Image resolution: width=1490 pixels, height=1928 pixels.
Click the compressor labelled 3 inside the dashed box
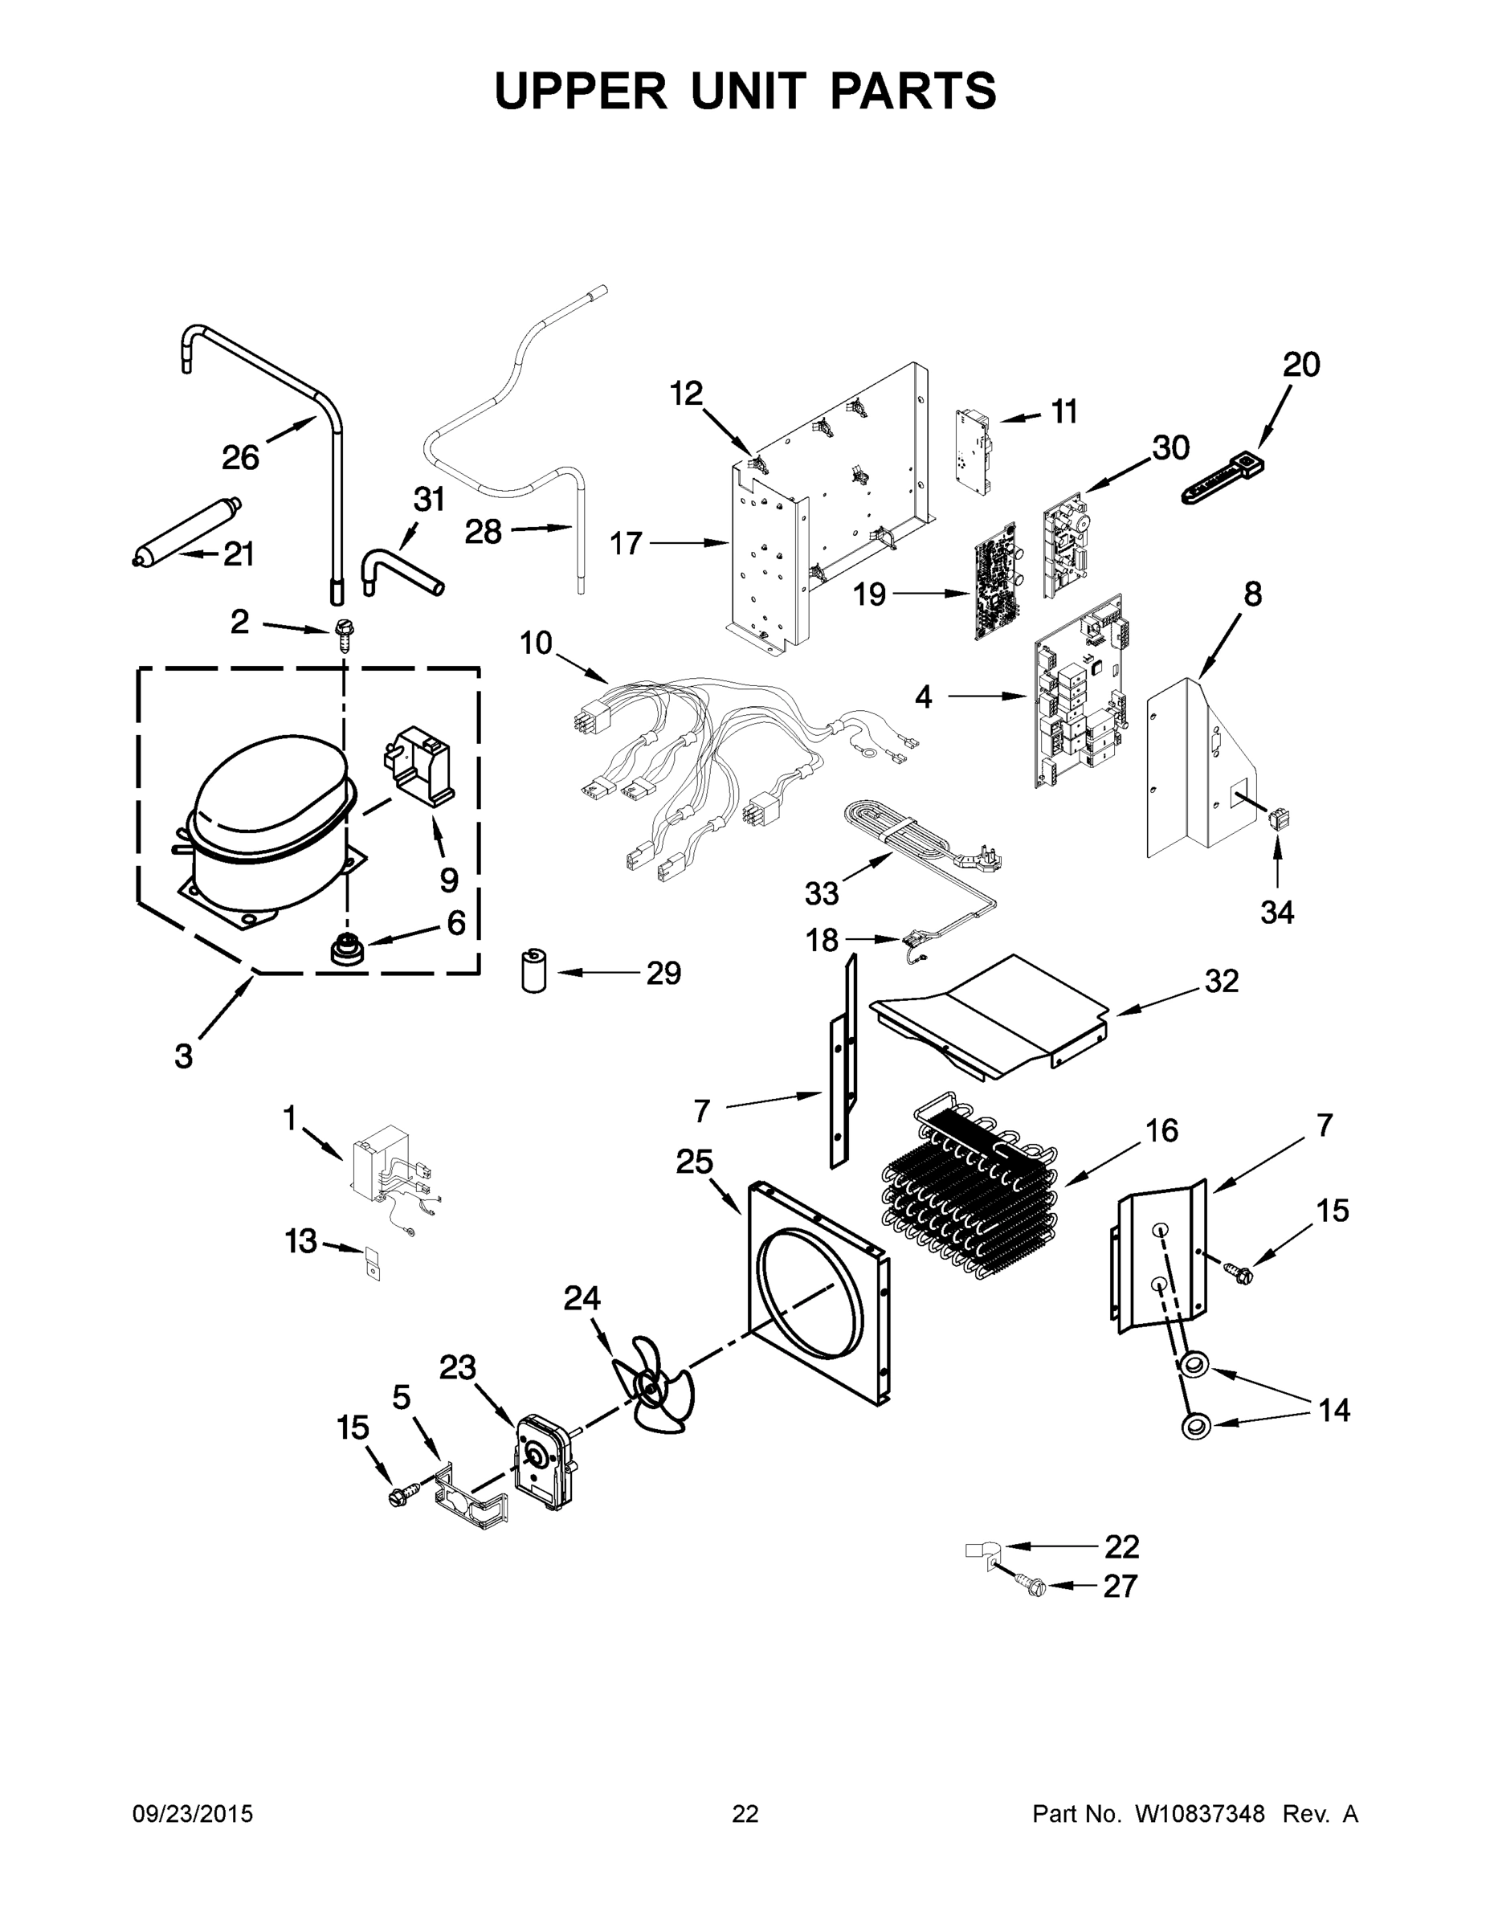265,821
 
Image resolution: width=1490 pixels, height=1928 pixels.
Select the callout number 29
663,973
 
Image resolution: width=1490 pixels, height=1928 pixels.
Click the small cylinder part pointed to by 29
533,971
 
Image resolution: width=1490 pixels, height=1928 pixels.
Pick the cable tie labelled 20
1223,479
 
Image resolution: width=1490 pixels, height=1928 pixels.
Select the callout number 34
1276,912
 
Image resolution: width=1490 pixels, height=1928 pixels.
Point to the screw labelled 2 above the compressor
343,634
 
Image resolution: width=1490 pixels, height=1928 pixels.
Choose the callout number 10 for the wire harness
535,643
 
